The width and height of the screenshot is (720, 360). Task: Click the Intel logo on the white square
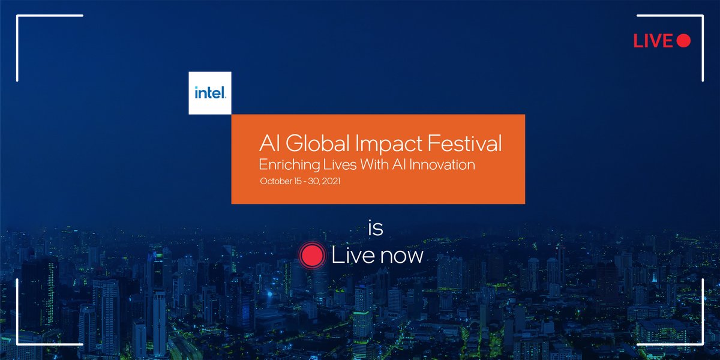[x=210, y=93]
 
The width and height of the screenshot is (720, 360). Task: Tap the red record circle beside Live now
[x=312, y=256]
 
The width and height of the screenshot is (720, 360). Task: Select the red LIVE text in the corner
[x=653, y=41]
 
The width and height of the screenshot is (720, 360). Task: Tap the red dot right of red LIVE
[x=683, y=41]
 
